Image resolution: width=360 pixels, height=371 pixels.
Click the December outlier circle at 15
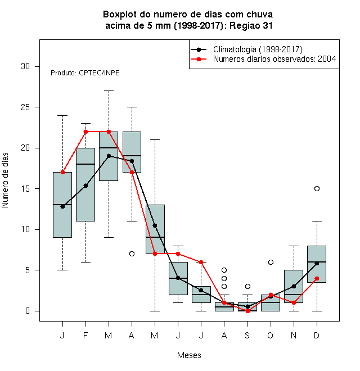coord(317,188)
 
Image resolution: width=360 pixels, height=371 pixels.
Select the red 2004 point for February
coord(85,132)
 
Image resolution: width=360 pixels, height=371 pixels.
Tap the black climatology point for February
coord(85,185)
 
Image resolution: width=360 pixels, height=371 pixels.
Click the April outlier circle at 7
coord(132,254)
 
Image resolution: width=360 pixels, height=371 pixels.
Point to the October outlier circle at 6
coord(271,262)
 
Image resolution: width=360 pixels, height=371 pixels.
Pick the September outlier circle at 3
coord(247,286)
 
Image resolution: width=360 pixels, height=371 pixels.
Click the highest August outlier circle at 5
coord(224,270)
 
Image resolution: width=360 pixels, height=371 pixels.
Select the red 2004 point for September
coord(247,311)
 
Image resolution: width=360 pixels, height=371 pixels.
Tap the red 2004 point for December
coord(317,278)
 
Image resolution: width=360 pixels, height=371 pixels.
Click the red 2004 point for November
coord(294,302)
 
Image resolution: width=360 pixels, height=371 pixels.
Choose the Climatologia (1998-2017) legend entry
coord(246,49)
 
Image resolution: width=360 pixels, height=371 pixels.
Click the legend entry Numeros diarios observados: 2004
coord(263,59)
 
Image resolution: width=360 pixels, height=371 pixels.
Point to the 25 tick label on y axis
coord(25,107)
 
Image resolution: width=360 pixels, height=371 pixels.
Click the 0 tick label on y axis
coord(28,311)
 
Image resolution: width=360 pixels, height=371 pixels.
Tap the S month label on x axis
coord(247,335)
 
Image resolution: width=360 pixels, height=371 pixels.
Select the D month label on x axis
coord(317,335)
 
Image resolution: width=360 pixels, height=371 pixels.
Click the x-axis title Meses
coord(189,355)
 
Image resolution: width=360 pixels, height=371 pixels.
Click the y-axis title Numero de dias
coord(5,180)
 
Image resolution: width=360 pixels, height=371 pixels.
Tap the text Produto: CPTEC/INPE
coord(85,73)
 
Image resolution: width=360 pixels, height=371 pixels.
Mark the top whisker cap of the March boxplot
coord(109,91)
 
